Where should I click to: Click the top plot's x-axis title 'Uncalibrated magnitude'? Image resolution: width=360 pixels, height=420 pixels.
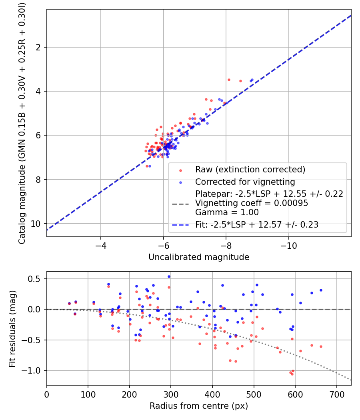pyautogui.click(x=199, y=257)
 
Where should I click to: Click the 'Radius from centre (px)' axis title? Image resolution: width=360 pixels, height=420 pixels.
pyautogui.click(x=199, y=406)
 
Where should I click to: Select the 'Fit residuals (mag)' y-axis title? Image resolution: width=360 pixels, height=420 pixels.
pyautogui.click(x=12, y=328)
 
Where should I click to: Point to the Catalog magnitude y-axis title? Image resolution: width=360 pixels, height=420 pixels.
pyautogui.click(x=22, y=123)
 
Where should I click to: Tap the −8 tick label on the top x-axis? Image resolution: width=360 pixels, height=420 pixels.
pyautogui.click(x=226, y=246)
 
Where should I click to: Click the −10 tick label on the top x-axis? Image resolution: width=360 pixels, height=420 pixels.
pyautogui.click(x=288, y=246)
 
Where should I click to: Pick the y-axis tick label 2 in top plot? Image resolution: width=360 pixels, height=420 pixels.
pyautogui.click(x=38, y=47)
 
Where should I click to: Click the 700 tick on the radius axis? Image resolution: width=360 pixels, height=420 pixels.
pyautogui.click(x=336, y=394)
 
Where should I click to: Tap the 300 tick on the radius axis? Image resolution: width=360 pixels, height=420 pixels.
pyautogui.click(x=171, y=394)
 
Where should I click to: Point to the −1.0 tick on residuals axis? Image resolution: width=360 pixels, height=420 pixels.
pyautogui.click(x=31, y=371)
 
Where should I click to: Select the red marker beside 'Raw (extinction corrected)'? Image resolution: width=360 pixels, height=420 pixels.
pyautogui.click(x=180, y=170)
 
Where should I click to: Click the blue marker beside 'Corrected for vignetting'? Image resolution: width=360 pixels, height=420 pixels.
pyautogui.click(x=180, y=183)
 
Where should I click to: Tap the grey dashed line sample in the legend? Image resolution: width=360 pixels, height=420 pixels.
pyautogui.click(x=180, y=204)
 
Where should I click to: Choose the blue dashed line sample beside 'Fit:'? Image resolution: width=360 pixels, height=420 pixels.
pyautogui.click(x=180, y=225)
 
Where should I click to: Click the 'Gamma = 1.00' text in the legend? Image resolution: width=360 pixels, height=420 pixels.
pyautogui.click(x=227, y=212)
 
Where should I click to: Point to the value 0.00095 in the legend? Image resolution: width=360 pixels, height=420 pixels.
pyautogui.click(x=291, y=203)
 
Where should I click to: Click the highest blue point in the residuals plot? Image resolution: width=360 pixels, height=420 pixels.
pyautogui.click(x=169, y=277)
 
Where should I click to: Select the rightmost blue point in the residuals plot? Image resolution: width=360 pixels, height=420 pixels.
pyautogui.click(x=321, y=290)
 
